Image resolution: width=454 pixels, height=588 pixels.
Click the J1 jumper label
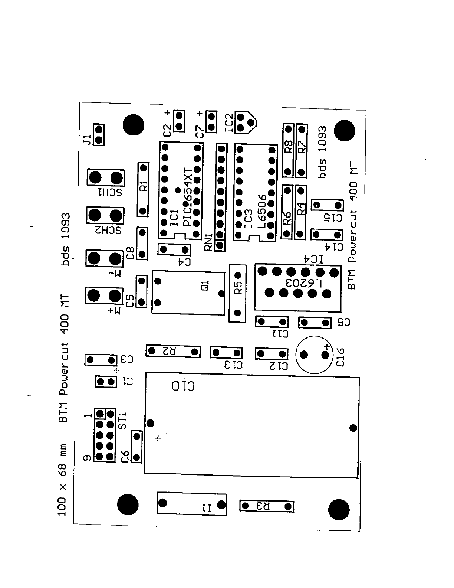coord(86,140)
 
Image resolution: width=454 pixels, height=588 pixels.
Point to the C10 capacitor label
coord(183,386)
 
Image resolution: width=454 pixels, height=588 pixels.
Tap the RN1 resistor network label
coord(208,242)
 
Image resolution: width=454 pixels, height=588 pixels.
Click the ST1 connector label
coord(123,420)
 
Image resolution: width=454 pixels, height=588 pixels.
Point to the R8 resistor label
coord(288,147)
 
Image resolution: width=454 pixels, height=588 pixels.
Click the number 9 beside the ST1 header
coord(86,458)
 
